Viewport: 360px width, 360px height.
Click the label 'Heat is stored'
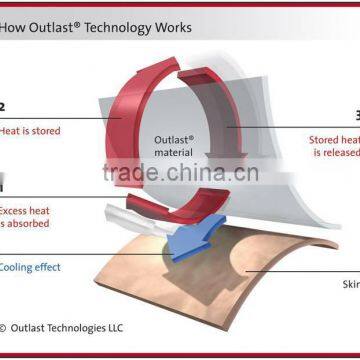click(30, 131)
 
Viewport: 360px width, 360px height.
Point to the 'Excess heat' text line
click(26, 211)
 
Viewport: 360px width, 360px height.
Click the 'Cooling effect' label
click(30, 267)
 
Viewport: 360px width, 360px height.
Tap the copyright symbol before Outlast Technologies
click(4, 327)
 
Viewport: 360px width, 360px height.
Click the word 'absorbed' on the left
click(28, 224)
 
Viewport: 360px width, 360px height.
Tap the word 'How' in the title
click(16, 27)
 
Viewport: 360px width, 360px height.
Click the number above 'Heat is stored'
click(3, 105)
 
